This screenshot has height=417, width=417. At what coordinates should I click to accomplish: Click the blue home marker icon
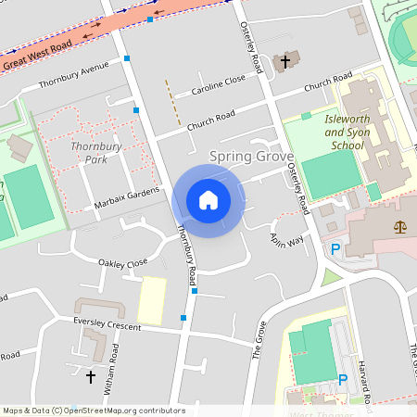pos(208,199)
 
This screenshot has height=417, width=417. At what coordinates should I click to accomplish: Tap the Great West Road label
pos(36,56)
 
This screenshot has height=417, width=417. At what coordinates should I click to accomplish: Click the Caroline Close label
pos(219,85)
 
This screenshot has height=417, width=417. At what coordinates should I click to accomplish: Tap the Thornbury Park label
pos(89,153)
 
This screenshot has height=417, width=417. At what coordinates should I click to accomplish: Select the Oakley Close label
pos(123,263)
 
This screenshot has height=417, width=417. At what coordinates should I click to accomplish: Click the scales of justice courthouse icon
pos(400,226)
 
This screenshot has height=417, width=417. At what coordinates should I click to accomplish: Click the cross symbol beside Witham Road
pos(91,377)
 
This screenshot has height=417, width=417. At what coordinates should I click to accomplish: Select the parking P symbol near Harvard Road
pos(343,379)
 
